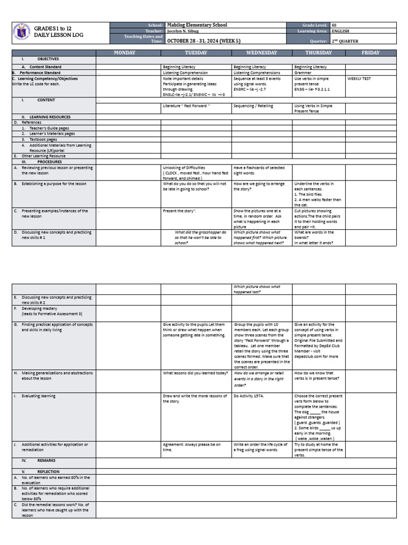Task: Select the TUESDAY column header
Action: point(196,53)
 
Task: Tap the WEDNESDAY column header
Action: point(261,53)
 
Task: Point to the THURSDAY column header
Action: point(318,53)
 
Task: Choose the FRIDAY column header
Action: point(370,53)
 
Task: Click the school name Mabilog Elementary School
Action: point(197,25)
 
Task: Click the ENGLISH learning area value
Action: point(341,31)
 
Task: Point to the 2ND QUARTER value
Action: point(345,40)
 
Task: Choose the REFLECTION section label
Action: point(48,472)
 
